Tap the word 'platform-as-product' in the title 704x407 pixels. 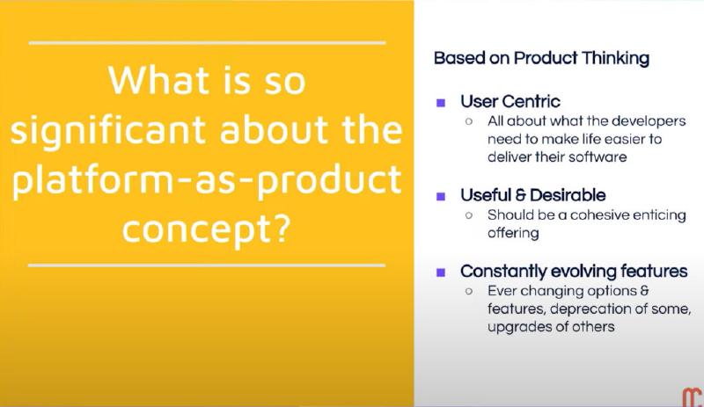click(207, 180)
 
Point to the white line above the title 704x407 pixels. click(207, 42)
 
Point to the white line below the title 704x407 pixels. click(207, 265)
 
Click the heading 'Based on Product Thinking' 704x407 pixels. click(541, 58)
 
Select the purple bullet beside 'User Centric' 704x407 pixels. click(441, 102)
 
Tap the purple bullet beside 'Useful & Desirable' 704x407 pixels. click(441, 194)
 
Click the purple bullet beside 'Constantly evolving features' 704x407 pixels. click(441, 272)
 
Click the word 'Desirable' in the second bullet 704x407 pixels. click(573, 194)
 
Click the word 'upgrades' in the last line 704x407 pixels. click(516, 327)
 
